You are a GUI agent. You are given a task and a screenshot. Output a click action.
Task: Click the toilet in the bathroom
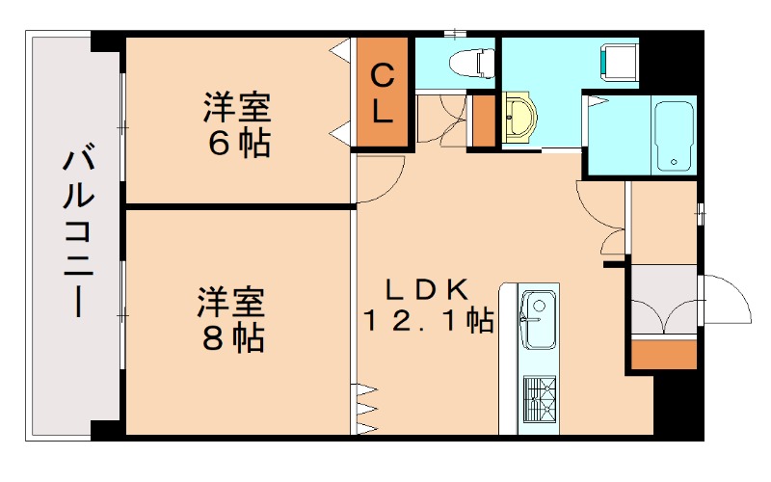pos(471,62)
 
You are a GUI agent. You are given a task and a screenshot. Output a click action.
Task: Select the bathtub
pos(674,134)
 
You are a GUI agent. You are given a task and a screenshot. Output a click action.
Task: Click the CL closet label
pos(383,93)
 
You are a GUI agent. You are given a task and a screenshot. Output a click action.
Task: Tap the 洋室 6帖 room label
pos(236,123)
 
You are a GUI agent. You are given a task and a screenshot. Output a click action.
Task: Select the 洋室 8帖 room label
pos(231,319)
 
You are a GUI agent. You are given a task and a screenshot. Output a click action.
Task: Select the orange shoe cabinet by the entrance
pos(663,353)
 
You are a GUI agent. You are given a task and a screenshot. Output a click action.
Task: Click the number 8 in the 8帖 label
pos(214,337)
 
